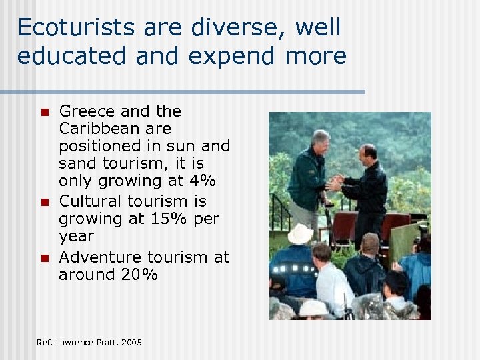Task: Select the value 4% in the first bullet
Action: tap(201, 181)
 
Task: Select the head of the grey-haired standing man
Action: tap(321, 140)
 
